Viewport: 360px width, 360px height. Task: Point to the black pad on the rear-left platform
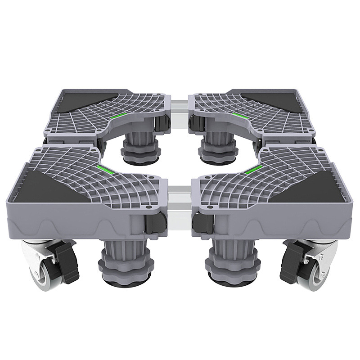click(76, 102)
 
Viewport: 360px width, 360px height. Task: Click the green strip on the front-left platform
click(104, 170)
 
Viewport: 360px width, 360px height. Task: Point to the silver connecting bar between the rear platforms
click(180, 108)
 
